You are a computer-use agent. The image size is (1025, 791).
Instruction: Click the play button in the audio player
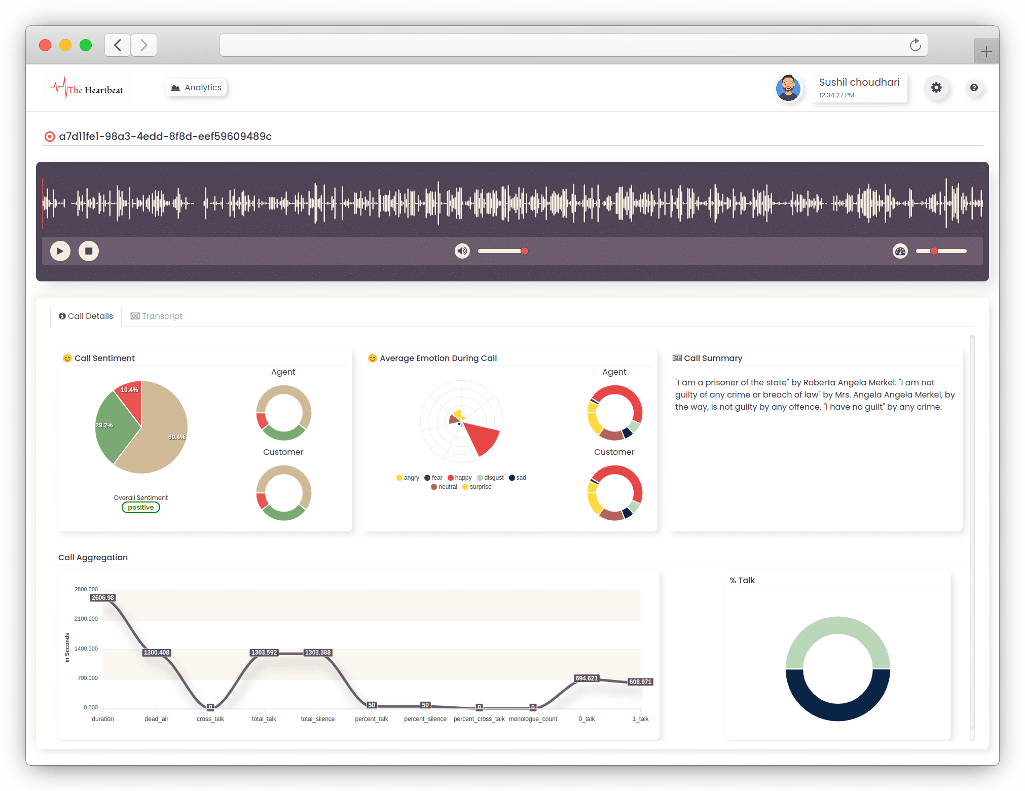coord(60,251)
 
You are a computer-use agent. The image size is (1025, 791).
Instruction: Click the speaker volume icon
coord(462,251)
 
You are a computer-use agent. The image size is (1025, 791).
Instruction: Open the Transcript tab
coord(157,316)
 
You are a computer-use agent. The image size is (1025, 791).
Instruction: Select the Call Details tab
coord(86,316)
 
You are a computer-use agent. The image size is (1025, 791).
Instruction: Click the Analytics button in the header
coord(196,87)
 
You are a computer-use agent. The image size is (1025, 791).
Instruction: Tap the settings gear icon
coord(936,87)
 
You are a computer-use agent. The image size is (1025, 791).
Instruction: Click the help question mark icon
coord(974,87)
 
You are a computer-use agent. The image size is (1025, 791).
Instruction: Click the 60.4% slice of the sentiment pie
coord(162,436)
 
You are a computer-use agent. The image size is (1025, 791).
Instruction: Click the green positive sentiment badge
coord(140,508)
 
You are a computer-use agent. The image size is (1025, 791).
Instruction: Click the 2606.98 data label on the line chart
coord(103,598)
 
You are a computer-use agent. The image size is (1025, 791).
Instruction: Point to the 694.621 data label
coord(587,678)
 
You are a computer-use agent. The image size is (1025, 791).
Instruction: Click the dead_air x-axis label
coord(156,719)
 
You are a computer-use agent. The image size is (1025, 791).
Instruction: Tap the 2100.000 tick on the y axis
coord(86,619)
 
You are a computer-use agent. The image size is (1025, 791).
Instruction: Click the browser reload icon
coord(915,45)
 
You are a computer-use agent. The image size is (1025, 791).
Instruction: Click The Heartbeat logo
coord(87,89)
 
